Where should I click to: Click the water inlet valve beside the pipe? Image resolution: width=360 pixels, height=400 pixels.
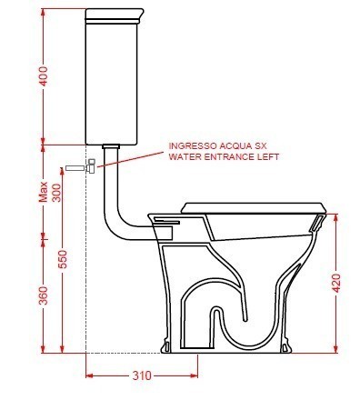coord(92,166)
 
